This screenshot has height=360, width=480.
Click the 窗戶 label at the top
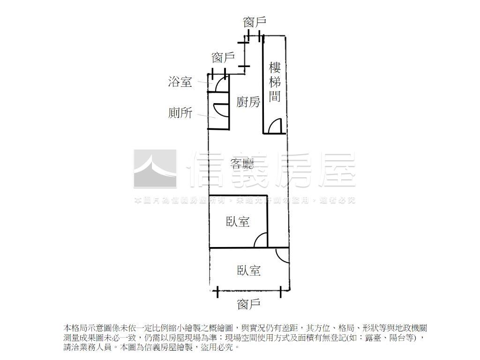pos(255,22)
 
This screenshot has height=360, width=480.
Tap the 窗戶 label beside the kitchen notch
pos(223,58)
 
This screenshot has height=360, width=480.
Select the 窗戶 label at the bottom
pos(248,305)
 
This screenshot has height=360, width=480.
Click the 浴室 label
pos(180,82)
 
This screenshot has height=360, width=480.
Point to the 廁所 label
pos(180,113)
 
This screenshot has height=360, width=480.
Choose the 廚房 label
pos(248,102)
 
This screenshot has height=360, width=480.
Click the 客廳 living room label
pos(242,164)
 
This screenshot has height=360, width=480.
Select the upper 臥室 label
pos(238,222)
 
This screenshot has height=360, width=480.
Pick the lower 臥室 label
pos(249,270)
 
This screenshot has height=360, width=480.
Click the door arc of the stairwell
pos(275,127)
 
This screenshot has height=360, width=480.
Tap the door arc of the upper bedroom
pos(261,240)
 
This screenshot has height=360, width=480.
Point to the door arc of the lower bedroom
pos(282,255)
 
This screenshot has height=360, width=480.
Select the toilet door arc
pos(220,109)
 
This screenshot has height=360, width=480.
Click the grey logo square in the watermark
pos(155,168)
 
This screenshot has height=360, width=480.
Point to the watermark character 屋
pos(335,169)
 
